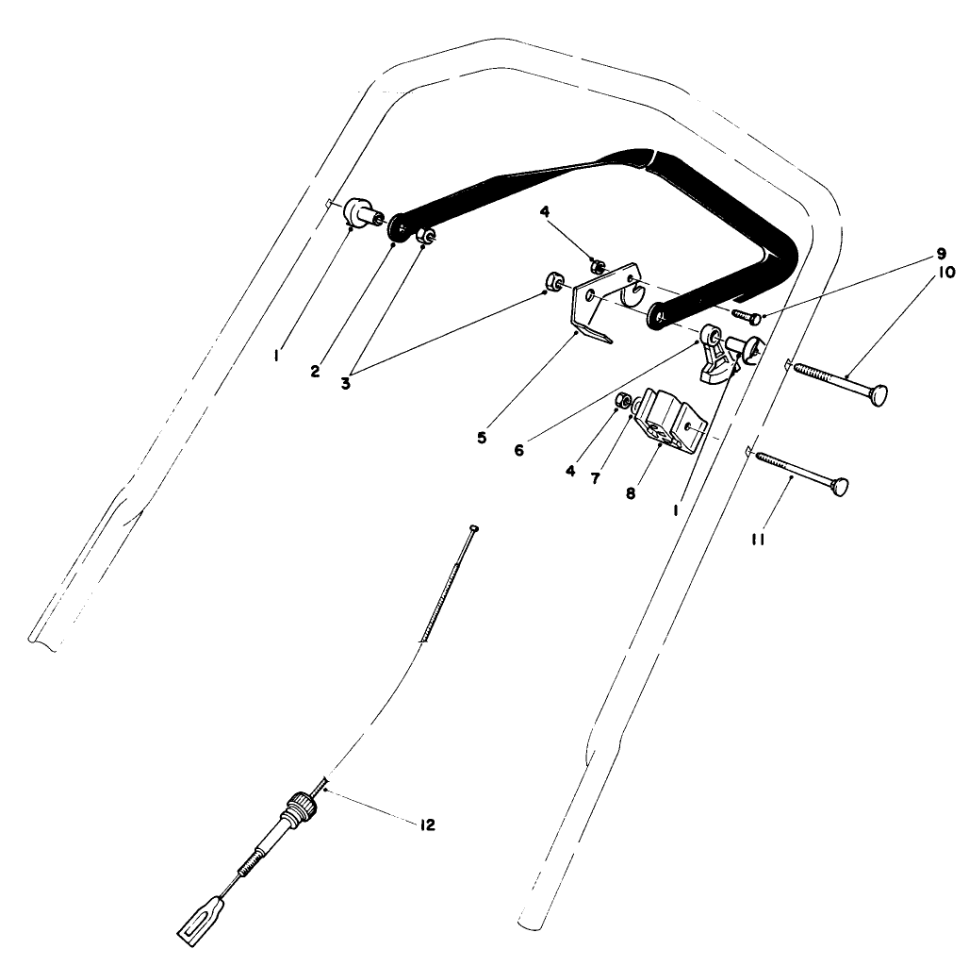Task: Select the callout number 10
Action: [x=945, y=273]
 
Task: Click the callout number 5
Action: [x=482, y=439]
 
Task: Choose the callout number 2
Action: [x=315, y=371]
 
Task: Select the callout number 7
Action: [x=595, y=478]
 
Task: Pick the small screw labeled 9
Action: [x=744, y=314]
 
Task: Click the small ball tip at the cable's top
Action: [x=473, y=528]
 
